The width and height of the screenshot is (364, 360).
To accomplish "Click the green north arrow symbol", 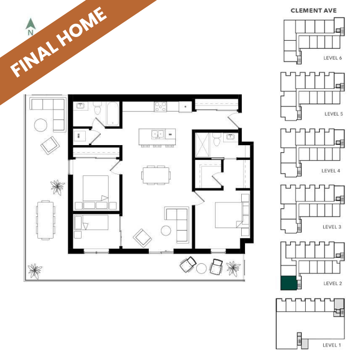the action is coord(30,24).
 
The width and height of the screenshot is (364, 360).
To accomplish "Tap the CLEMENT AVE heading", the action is coord(314,11).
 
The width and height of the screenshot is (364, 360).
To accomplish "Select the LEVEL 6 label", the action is coord(332,58).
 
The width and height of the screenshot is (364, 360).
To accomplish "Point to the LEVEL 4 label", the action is coord(331,171).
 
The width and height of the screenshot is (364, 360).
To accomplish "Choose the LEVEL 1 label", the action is coord(332,345).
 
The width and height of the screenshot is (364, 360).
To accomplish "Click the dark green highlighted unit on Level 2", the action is coord(289,283).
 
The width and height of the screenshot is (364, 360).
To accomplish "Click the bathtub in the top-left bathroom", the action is coord(113,114).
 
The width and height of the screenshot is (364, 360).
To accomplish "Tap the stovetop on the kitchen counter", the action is coord(160,107).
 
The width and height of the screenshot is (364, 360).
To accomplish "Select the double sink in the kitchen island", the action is coord(158,135).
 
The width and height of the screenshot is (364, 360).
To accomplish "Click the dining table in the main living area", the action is coord(156,175).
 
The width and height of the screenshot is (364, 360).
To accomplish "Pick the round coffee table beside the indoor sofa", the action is coord(166,231).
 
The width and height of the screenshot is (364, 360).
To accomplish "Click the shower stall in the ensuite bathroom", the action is coord(202,145).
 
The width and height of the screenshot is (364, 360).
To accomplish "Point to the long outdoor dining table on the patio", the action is coord(45,220).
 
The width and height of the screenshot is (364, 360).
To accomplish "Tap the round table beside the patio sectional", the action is coord(41,125).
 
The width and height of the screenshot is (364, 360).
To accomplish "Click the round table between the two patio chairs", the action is coord(201,268).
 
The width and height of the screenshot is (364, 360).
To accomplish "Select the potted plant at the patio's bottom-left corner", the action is coord(35,270).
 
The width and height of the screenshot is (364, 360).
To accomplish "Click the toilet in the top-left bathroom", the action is coord(98,109).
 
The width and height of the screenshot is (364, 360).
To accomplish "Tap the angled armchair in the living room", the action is coord(142,238).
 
